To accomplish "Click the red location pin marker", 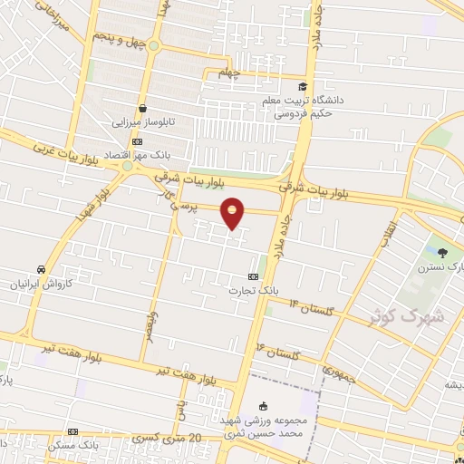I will (x=234, y=214).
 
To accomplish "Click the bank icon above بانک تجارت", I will (x=253, y=276).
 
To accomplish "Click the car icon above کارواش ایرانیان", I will (x=42, y=269).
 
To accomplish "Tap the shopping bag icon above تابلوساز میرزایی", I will (x=143, y=107).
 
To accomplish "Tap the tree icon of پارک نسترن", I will (x=442, y=253).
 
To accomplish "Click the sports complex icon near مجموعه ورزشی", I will (x=263, y=405).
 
